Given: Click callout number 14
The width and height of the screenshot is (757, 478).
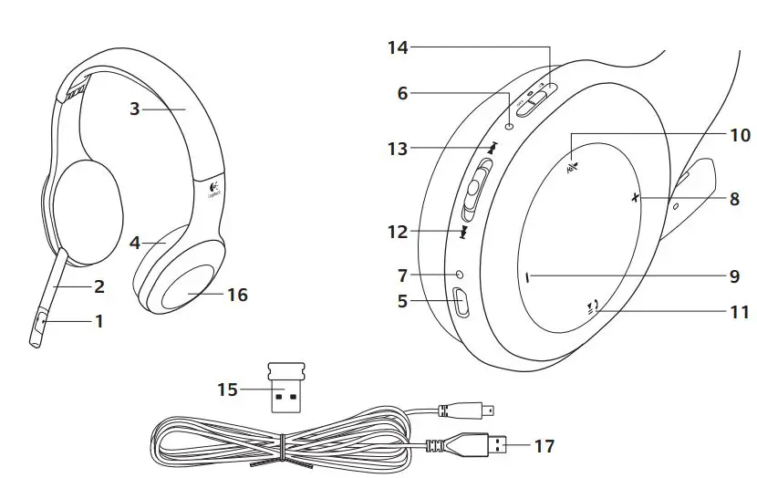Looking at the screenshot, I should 398,47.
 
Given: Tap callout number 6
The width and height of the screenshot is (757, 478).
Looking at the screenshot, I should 403,92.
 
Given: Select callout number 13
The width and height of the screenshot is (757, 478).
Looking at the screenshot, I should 398,149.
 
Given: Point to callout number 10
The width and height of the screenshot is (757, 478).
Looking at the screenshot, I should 739,135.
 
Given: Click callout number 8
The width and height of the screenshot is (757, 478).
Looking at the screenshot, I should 735,199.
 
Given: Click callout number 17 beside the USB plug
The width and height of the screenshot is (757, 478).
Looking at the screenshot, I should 544,447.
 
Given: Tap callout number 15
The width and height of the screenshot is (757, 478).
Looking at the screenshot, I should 226,390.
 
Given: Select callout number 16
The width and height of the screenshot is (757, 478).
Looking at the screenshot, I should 237,295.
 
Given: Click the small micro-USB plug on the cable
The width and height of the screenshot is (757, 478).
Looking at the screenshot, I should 480,407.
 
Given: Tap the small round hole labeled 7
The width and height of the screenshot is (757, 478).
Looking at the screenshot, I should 459,275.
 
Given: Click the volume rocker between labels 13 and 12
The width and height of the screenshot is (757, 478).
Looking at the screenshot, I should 475,189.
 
